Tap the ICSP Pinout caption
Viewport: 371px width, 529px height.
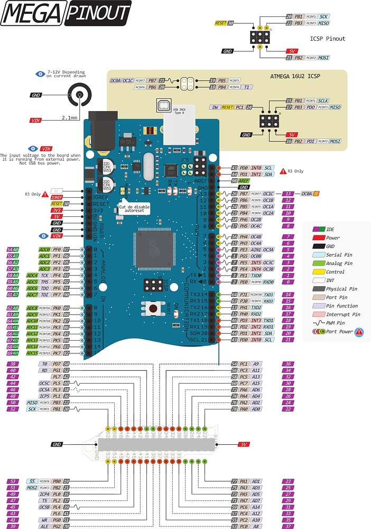click(328, 39)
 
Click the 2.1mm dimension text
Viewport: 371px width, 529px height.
click(69, 117)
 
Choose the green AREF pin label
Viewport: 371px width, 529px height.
click(244, 181)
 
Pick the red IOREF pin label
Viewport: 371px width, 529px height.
click(57, 197)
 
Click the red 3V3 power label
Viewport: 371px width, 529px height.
click(57, 210)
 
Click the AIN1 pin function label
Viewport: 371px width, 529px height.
click(255, 249)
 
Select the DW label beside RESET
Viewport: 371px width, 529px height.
click(215, 107)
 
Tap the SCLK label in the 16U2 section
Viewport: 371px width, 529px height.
click(323, 101)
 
